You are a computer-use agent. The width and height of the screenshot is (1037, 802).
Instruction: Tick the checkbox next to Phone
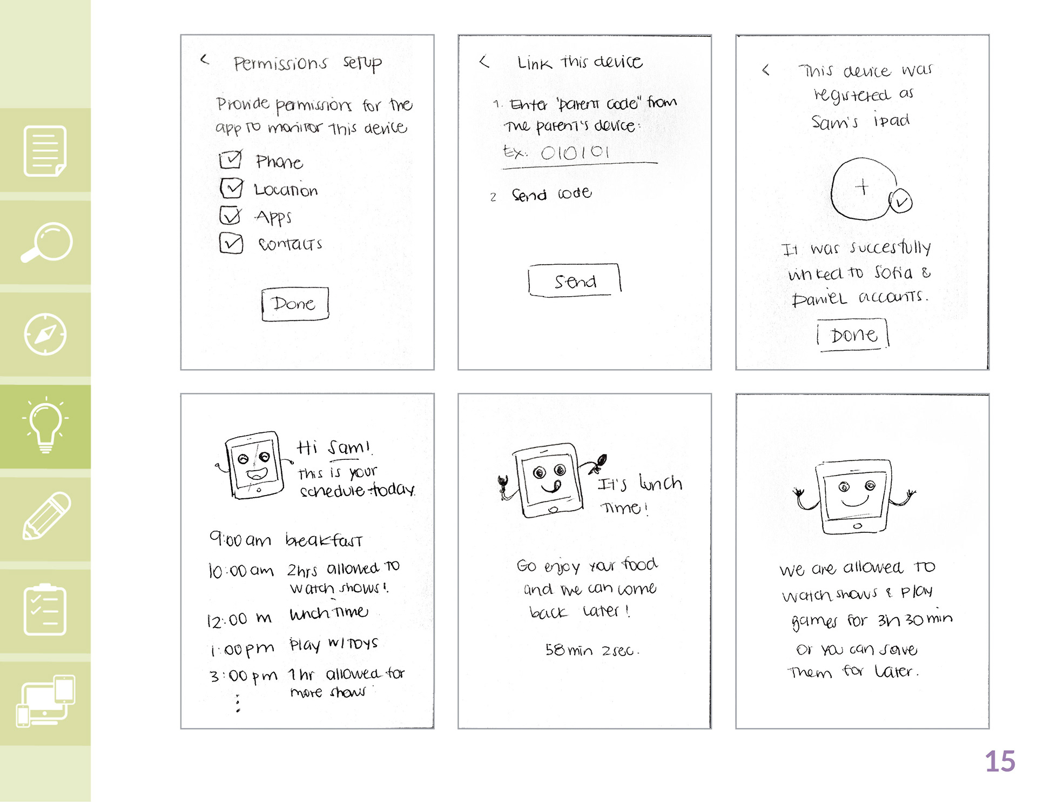click(231, 159)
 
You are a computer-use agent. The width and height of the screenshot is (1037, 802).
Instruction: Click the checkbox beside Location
click(232, 188)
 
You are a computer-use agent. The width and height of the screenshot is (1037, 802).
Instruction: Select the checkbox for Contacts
click(231, 243)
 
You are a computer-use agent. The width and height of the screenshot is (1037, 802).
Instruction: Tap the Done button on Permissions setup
click(295, 304)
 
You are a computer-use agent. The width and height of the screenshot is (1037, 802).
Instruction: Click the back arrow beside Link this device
click(484, 62)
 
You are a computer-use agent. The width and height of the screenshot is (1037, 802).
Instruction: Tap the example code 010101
click(575, 152)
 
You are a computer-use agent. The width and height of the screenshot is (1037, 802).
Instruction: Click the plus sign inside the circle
click(862, 187)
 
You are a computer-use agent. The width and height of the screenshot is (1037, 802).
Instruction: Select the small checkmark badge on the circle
click(900, 201)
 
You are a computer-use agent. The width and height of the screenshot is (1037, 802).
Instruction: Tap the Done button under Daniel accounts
click(853, 335)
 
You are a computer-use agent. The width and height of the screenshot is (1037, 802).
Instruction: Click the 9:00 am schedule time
click(240, 539)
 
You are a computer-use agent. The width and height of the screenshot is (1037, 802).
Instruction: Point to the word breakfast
click(324, 540)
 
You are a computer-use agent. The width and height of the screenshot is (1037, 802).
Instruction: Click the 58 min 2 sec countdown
click(592, 650)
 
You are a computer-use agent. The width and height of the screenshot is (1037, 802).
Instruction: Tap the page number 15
click(1000, 761)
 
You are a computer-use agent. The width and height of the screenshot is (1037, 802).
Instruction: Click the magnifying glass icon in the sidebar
click(46, 242)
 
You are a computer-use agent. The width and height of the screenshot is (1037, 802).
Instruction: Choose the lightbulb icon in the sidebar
click(45, 425)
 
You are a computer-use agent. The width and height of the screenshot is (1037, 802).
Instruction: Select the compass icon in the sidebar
click(45, 335)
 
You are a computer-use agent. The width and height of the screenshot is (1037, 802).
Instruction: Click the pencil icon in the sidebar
click(46, 516)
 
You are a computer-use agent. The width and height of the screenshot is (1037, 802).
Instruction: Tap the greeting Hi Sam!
click(334, 447)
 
